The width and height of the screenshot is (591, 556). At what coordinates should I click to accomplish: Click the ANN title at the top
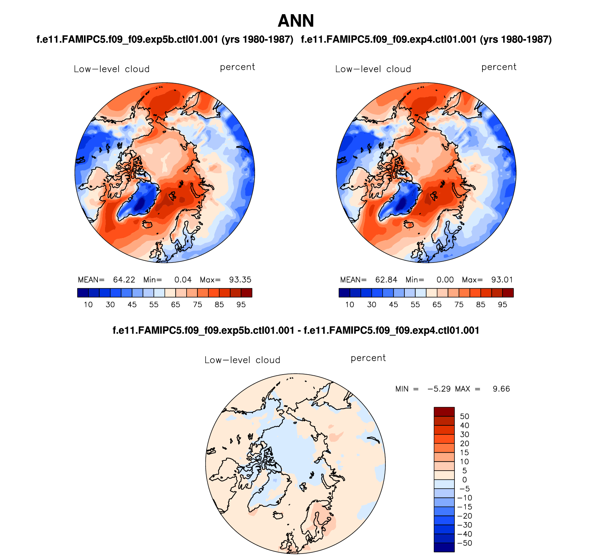coord(295,21)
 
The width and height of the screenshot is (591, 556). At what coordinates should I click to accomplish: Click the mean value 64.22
coord(124,280)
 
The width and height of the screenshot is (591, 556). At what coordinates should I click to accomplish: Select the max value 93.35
coord(240,280)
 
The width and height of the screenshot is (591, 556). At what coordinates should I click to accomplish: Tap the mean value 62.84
coord(386,280)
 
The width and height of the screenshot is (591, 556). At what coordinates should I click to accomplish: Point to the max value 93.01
coord(502,280)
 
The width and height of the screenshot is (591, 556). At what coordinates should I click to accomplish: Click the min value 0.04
coord(183,280)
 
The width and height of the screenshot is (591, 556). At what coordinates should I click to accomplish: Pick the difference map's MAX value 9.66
coord(501,389)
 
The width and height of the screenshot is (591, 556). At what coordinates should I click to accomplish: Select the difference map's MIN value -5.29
coord(439,389)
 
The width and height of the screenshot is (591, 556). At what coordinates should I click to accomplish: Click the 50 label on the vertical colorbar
coord(465,416)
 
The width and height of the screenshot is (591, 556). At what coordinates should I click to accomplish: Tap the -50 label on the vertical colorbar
coord(465,543)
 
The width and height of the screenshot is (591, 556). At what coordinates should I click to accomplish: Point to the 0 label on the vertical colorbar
coord(465,480)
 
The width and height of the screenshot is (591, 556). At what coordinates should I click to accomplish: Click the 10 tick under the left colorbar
coord(88,304)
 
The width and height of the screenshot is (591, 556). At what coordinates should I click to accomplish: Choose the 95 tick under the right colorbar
coord(503,304)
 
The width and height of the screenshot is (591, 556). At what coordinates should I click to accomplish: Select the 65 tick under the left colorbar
coord(176,304)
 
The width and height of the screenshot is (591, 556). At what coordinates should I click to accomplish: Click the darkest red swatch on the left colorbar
coord(246,293)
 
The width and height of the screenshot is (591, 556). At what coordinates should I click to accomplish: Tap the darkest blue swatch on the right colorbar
coord(344,293)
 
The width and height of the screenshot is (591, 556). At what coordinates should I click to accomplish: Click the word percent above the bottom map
coord(368,358)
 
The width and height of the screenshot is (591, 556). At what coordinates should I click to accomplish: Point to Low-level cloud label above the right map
coord(373,69)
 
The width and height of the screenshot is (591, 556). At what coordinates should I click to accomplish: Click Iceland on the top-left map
coord(147,225)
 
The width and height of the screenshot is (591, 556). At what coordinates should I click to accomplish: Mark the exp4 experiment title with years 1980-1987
coord(426,39)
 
